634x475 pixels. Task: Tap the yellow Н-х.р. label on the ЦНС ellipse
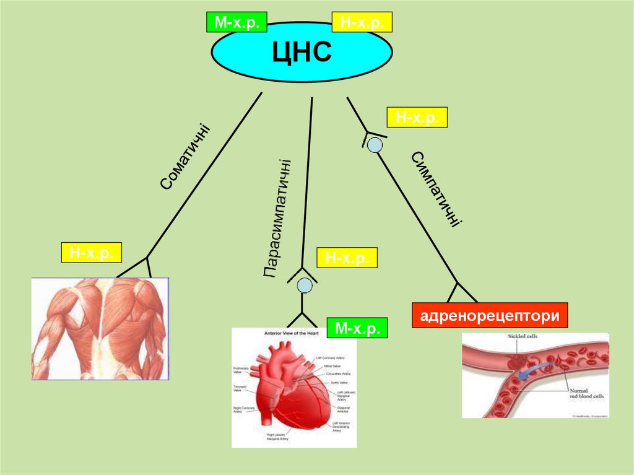click(x=362, y=23)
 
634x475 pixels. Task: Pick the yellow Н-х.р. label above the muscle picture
click(x=90, y=253)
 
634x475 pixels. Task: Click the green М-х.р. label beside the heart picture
click(x=357, y=328)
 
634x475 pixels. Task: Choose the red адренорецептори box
click(x=490, y=315)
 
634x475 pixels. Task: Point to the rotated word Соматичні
click(x=185, y=157)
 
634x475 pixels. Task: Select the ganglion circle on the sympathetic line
click(x=375, y=145)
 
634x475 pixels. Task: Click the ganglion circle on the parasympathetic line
click(x=304, y=285)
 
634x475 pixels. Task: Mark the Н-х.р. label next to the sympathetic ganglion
click(x=416, y=117)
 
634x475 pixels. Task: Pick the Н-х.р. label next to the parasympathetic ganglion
click(x=346, y=258)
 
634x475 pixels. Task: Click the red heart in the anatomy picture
click(x=288, y=390)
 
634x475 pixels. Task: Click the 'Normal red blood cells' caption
click(x=586, y=394)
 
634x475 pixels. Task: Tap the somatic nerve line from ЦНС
click(x=204, y=173)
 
